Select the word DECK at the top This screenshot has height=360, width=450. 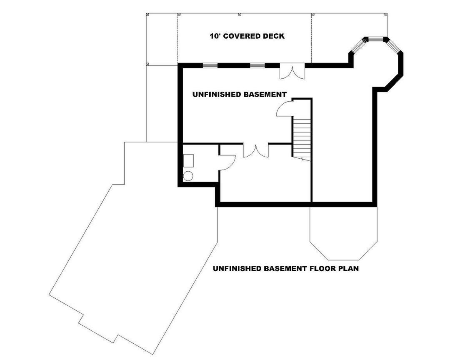tap(273, 36)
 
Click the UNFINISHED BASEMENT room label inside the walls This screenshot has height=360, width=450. tap(239, 95)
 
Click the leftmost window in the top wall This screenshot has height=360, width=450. tap(210, 65)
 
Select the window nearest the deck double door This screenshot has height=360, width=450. tap(257, 65)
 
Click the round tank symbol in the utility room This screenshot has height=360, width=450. tap(188, 176)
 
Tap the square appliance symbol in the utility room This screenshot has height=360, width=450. tap(188, 160)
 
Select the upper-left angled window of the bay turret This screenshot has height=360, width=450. tap(357, 47)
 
